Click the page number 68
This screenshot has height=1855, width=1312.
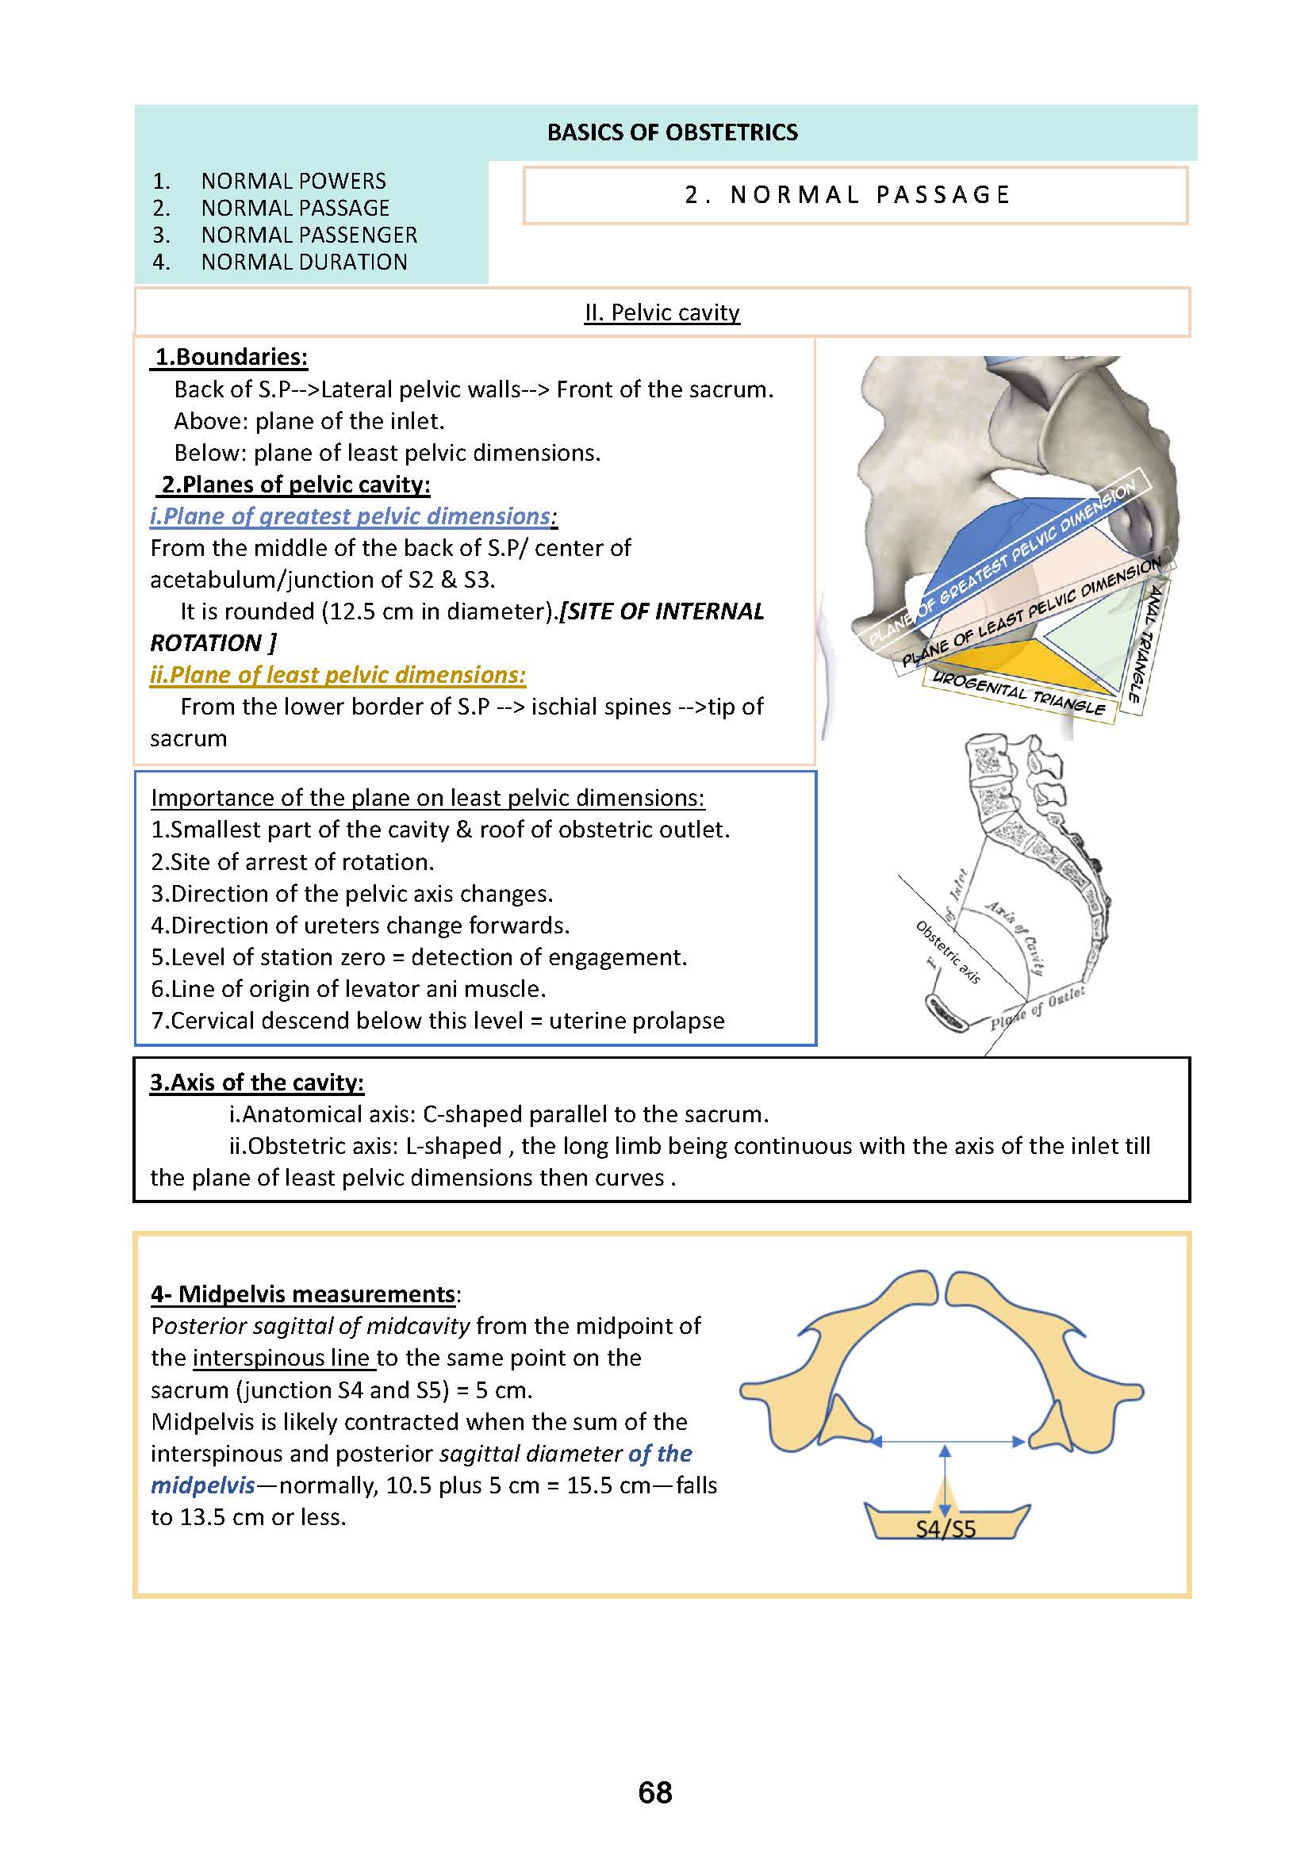pos(654,1792)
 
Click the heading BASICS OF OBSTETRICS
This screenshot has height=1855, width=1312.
pos(672,132)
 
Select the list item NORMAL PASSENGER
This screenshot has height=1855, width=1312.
pos(309,235)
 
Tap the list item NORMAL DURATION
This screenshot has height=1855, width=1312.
pos(304,262)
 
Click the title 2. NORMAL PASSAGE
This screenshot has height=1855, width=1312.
pos(847,195)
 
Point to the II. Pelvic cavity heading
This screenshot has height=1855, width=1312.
pos(662,312)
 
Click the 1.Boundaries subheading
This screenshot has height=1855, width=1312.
pos(231,357)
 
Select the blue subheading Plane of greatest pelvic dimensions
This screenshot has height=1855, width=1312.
pos(352,516)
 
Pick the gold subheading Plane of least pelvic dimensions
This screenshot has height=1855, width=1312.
pos(338,675)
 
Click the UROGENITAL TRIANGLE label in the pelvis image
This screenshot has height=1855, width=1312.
pos(1019,692)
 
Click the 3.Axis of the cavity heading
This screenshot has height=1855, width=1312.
pos(257,1083)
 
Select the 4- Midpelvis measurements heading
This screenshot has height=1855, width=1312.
pos(304,1294)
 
